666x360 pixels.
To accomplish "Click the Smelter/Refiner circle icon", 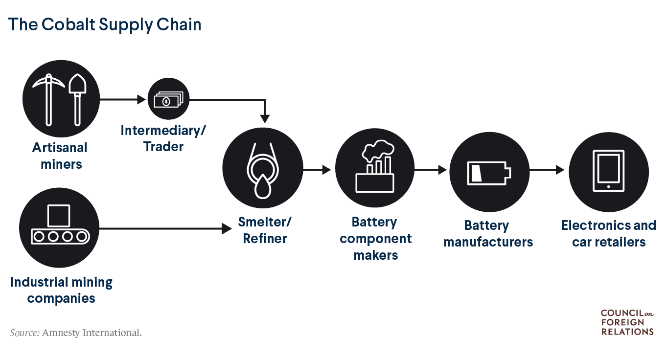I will tap(262, 167).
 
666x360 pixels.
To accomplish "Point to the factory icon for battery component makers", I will tap(375, 169).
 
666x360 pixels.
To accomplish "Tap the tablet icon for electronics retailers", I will tap(608, 172).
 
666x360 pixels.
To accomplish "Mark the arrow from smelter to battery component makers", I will tap(318, 170).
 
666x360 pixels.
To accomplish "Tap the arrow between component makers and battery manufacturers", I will tap(431, 170).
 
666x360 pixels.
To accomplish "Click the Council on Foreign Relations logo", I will tap(627, 322).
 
